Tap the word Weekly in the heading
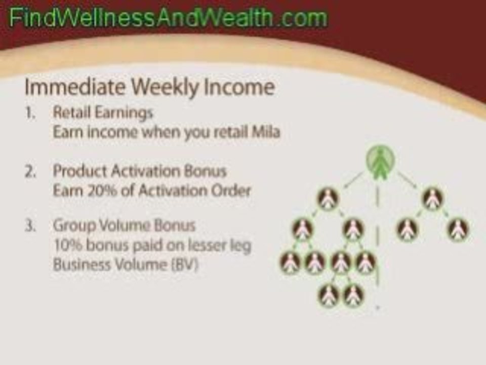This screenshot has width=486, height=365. click(159, 88)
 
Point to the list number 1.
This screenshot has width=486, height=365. click(30, 113)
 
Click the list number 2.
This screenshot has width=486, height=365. click(30, 171)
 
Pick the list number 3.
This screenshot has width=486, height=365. click(30, 225)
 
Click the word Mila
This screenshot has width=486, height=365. click(267, 133)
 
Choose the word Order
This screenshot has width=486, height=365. click(233, 192)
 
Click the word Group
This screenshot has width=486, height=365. click(70, 225)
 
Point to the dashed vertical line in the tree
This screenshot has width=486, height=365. click(377, 233)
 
